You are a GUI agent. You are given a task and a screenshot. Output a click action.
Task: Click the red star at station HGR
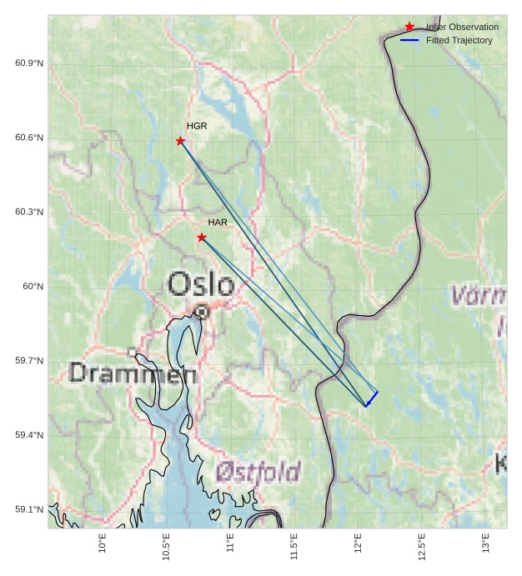pos(180,141)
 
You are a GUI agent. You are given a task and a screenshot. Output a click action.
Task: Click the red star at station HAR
pos(202,238)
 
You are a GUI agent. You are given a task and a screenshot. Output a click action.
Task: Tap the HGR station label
pos(197,126)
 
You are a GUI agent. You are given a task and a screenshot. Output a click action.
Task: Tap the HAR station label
pos(218,223)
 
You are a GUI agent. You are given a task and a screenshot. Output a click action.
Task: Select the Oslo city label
pos(201,285)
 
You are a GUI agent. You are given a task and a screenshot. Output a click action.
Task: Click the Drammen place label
pos(133,373)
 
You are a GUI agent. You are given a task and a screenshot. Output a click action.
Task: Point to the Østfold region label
pos(258,473)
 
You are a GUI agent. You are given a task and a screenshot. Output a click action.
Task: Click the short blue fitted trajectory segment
pos(372,399)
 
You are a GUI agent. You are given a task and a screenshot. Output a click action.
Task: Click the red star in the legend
pos(409,27)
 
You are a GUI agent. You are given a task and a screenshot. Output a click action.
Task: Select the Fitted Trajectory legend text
pos(459,40)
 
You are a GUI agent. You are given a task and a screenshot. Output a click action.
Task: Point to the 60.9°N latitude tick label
pos(29,63)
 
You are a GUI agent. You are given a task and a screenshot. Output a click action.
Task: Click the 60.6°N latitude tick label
pos(29,138)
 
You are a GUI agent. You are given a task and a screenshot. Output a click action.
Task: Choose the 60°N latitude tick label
pos(33,287)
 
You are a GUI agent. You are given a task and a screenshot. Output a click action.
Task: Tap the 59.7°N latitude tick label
pos(29,361)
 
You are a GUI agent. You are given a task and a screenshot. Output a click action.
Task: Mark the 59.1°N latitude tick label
pos(29,509)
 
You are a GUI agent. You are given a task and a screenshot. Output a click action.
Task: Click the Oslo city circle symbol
pos(201,312)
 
